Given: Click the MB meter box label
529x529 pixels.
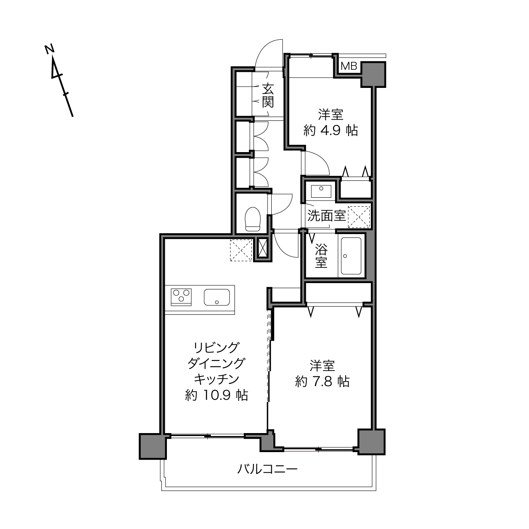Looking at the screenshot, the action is click(349, 66).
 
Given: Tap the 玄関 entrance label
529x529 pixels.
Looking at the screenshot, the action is click(268, 95).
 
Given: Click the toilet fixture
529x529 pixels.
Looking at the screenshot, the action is click(253, 219).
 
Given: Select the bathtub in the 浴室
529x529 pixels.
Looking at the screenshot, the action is click(351, 256).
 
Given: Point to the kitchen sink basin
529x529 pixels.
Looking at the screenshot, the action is click(217, 297).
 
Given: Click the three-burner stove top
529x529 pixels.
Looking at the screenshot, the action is click(181, 297).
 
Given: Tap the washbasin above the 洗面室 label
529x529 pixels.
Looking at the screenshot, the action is click(321, 191).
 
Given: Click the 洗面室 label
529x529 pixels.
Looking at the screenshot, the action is click(326, 216).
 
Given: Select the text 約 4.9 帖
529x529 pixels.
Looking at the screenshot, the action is click(330, 131).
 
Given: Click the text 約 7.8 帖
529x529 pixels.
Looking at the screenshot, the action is click(322, 381).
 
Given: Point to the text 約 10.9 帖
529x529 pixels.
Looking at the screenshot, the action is click(217, 395).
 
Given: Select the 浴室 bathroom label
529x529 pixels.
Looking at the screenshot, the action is click(321, 256).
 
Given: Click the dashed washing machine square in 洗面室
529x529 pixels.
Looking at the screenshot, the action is click(359, 217).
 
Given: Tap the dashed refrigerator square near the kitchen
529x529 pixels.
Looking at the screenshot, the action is click(241, 250).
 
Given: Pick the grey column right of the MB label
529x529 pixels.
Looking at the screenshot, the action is click(373, 74).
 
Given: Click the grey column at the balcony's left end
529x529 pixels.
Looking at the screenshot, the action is click(153, 446).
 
